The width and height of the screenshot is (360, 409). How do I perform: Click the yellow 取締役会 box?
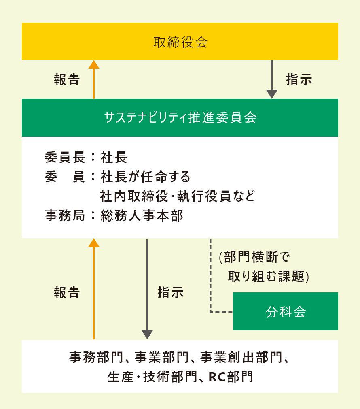tap(180, 41)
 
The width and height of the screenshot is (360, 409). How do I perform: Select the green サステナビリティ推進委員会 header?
tap(180, 118)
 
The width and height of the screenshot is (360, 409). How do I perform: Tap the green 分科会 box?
tap(286, 311)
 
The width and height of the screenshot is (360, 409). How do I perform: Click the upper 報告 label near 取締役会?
tap(67, 79)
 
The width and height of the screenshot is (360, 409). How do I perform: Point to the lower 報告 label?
tap(67, 292)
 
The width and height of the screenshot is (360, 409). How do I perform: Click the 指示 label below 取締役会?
tap(299, 79)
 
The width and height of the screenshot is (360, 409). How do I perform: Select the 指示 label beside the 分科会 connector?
tap(170, 292)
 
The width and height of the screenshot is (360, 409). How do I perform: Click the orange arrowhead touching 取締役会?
tap(94, 64)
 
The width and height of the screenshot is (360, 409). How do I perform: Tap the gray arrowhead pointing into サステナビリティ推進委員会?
tap(272, 94)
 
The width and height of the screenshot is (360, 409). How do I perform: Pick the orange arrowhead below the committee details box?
tap(94, 243)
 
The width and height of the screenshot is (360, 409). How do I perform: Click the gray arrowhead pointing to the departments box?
tap(147, 335)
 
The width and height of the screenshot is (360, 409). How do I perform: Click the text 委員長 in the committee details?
tap(65, 157)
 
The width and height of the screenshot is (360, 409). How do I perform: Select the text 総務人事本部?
tap(142, 216)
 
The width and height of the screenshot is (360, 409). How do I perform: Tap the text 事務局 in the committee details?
tap(65, 216)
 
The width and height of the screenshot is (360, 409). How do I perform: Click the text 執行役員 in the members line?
tap(204, 196)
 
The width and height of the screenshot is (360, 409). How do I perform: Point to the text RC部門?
tap(231, 377)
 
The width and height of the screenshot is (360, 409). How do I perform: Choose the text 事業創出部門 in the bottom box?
tap(241, 357)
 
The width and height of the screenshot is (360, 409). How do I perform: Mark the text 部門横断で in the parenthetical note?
tap(257, 257)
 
